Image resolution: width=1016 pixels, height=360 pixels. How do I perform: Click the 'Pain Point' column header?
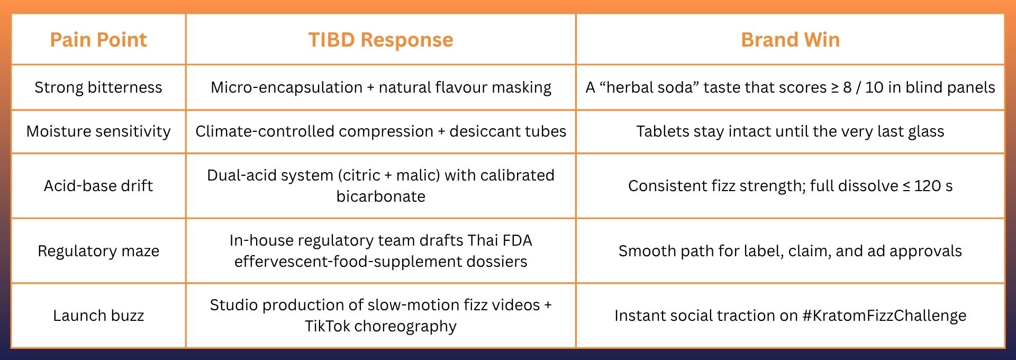click(98, 40)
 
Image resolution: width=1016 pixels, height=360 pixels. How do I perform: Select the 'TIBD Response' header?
click(380, 40)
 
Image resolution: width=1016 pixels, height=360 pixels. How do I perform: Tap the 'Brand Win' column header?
click(790, 40)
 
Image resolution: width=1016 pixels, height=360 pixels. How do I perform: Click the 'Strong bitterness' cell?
click(98, 87)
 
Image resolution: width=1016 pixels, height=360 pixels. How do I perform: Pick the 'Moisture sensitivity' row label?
click(98, 131)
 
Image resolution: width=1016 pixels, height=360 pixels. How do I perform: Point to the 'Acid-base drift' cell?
click(98, 186)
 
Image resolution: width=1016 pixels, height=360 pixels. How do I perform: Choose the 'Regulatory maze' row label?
click(98, 251)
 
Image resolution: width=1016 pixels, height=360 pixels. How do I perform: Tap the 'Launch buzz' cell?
click(98, 316)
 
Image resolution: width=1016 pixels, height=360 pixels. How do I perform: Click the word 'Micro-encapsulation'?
click(286, 87)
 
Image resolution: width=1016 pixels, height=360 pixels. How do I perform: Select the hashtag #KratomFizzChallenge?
click(884, 316)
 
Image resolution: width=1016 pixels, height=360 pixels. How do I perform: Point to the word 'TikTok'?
click(327, 326)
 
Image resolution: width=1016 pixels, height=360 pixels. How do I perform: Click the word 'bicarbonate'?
click(380, 196)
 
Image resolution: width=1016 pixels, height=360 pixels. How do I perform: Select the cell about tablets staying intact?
click(790, 131)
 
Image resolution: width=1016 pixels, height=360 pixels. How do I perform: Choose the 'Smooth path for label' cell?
click(790, 251)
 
